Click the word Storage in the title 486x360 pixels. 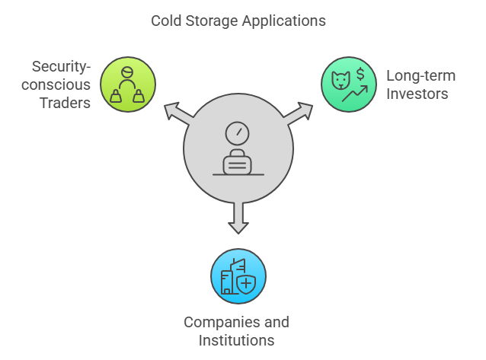click(210, 21)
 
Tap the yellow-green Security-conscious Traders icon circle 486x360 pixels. click(127, 84)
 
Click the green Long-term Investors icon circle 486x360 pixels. click(348, 84)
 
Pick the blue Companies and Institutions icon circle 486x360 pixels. click(238, 276)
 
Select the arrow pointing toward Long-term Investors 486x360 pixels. click(301, 113)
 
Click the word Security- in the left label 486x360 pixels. click(63, 66)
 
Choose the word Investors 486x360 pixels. click(417, 94)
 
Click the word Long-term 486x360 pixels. click(420, 75)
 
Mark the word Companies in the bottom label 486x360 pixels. click(216, 322)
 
